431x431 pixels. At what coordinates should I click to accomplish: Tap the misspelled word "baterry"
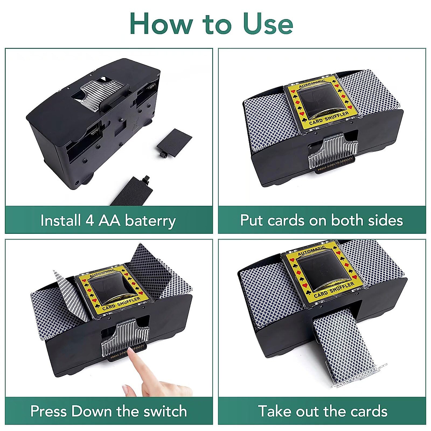[150, 221]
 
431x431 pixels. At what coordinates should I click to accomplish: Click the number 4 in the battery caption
[89, 221]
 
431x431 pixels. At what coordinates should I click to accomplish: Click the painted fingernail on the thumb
[125, 390]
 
